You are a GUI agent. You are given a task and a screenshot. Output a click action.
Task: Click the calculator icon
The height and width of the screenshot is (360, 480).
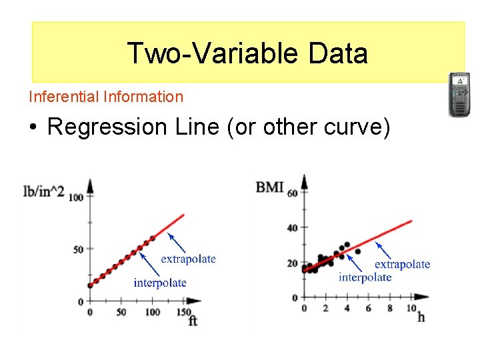click(459, 94)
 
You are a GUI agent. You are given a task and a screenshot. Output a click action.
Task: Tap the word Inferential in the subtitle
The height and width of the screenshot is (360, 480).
click(64, 97)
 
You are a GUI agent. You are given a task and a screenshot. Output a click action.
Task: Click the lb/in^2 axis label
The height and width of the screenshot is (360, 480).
click(44, 192)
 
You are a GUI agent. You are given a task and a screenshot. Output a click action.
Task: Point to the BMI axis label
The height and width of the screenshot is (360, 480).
click(269, 187)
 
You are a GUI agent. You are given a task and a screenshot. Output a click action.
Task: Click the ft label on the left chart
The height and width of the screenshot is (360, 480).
click(193, 321)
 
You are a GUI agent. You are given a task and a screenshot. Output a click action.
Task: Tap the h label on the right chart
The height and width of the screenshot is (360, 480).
click(421, 317)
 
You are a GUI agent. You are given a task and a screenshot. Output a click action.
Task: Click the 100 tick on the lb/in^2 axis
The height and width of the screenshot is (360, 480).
click(75, 197)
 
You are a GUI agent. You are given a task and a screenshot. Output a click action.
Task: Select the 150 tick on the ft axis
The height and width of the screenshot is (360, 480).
click(183, 312)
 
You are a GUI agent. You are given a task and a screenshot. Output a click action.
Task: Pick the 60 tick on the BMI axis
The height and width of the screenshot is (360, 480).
click(292, 193)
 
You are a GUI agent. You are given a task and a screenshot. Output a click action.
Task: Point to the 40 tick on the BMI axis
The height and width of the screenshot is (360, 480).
click(292, 228)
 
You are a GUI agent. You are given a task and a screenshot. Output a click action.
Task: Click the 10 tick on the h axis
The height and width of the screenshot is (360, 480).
click(411, 308)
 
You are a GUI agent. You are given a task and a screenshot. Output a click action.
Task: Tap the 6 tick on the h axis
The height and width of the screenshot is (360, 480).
click(369, 308)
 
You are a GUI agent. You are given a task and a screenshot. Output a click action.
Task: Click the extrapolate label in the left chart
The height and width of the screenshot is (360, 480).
click(188, 259)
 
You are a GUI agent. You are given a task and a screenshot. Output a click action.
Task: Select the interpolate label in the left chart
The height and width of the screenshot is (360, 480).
click(160, 283)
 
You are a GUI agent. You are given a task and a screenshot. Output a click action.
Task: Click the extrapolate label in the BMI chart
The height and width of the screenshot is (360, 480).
click(402, 264)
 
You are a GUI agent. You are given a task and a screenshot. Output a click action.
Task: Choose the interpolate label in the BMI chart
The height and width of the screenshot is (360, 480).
click(365, 277)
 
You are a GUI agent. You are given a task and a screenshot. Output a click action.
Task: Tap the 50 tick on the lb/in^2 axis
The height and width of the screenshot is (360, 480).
click(79, 249)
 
